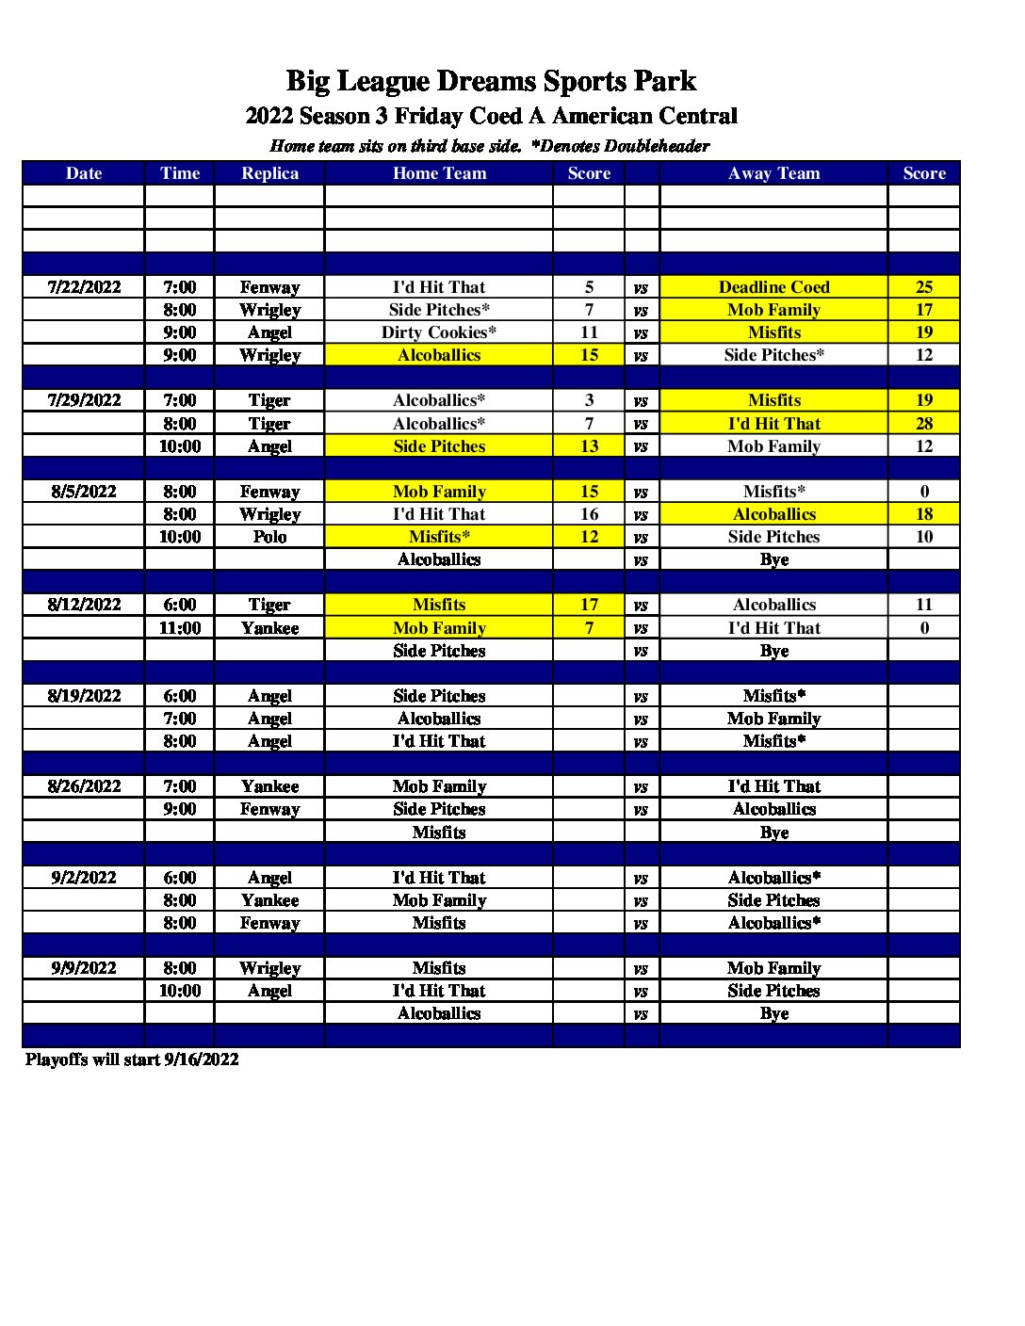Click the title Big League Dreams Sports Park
click(x=491, y=81)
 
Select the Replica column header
click(x=269, y=173)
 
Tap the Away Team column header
click(x=773, y=173)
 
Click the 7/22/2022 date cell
click(x=84, y=287)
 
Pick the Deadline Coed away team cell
click(x=773, y=287)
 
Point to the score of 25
click(x=923, y=287)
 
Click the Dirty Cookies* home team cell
click(x=438, y=332)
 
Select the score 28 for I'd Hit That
click(x=923, y=424)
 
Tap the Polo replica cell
click(x=269, y=537)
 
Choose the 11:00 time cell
click(x=179, y=628)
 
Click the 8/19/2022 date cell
click(x=84, y=696)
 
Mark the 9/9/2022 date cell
click(x=84, y=968)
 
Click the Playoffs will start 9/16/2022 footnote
click(x=132, y=1059)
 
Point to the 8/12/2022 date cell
click(x=84, y=605)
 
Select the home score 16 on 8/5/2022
click(x=589, y=514)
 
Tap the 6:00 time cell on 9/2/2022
click(x=179, y=878)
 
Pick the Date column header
click(x=84, y=173)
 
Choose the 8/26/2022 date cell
click(x=84, y=786)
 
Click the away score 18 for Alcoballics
click(x=923, y=514)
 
